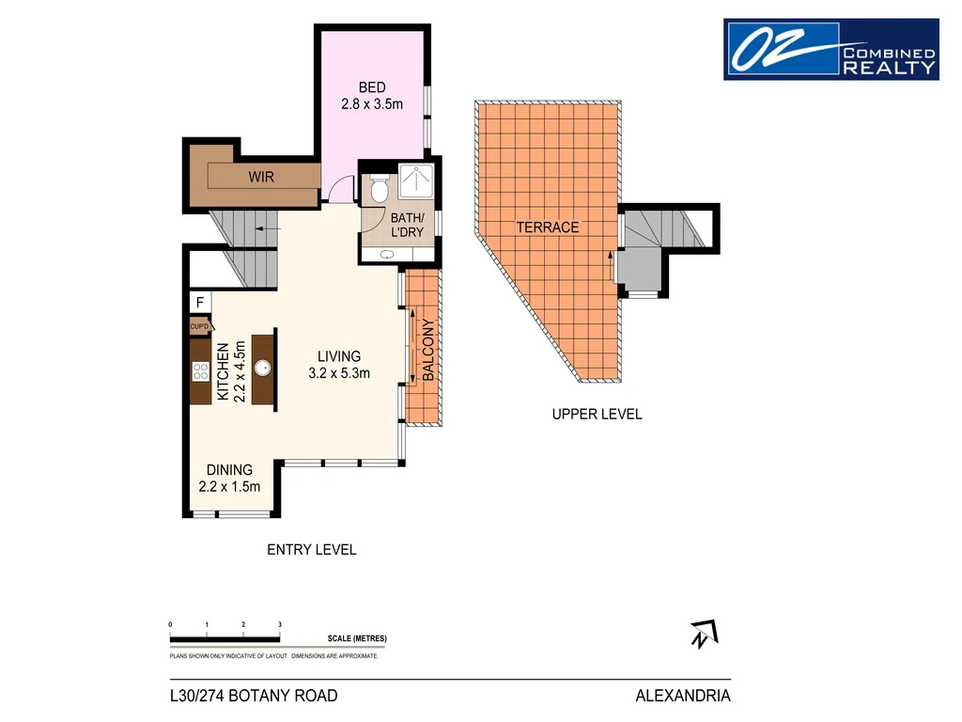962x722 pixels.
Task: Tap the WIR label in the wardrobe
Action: pyautogui.click(x=261, y=176)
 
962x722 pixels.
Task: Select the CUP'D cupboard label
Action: pyautogui.click(x=199, y=326)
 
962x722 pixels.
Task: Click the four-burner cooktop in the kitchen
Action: pyautogui.click(x=200, y=370)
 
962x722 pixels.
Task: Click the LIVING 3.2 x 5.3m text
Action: pyautogui.click(x=339, y=365)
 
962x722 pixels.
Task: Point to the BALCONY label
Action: pyautogui.click(x=427, y=350)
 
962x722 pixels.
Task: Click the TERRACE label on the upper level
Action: pyautogui.click(x=547, y=228)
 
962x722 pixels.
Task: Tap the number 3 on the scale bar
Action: pyautogui.click(x=280, y=624)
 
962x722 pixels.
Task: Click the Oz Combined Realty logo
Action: pyautogui.click(x=830, y=49)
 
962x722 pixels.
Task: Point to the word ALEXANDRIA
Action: pyautogui.click(x=683, y=697)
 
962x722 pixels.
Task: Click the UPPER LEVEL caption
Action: pyautogui.click(x=597, y=414)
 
